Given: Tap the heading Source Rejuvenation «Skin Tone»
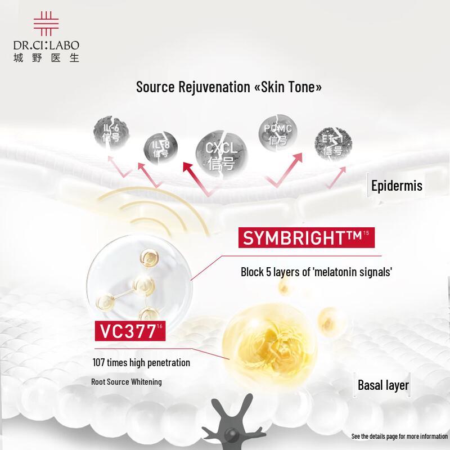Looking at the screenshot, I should point(228,87).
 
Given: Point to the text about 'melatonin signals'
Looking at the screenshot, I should point(316,272).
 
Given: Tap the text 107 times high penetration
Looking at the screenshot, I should point(141,363).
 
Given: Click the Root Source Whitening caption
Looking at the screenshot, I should point(127,382).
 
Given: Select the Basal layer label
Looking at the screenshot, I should point(383,385).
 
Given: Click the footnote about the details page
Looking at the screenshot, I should point(399,436).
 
